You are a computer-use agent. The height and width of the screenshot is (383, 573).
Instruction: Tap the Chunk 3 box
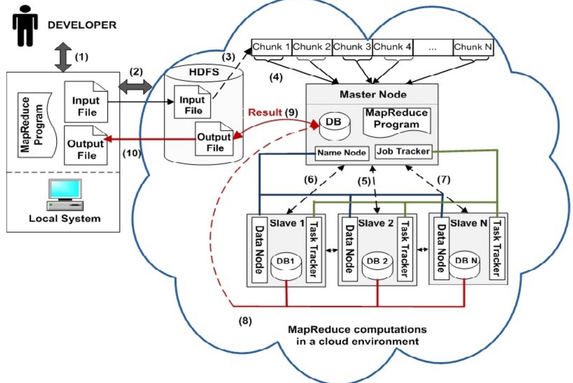[352, 47]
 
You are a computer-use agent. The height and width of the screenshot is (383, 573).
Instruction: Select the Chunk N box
[473, 47]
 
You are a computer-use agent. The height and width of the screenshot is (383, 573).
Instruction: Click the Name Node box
[341, 153]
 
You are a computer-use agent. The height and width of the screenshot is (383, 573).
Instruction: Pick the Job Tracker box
[403, 151]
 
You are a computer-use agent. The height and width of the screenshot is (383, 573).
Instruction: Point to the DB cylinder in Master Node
[334, 127]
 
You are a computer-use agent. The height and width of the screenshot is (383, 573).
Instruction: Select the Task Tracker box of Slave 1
[313, 249]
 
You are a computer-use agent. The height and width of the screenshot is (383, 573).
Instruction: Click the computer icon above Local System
[65, 194]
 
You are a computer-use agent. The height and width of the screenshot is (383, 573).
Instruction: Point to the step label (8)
[245, 321]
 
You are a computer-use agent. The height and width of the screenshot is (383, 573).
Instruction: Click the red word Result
[265, 112]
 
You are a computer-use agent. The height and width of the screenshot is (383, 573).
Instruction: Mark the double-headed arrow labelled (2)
[135, 87]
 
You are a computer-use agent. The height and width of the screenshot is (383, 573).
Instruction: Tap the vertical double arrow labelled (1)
[63, 57]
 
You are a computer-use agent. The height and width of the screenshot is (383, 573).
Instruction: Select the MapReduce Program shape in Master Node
[396, 121]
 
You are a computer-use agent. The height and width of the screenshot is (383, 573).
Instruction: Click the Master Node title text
[373, 94]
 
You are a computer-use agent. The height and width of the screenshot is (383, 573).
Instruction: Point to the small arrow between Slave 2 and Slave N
[422, 250]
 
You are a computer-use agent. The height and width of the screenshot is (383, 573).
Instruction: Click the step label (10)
[132, 153]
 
